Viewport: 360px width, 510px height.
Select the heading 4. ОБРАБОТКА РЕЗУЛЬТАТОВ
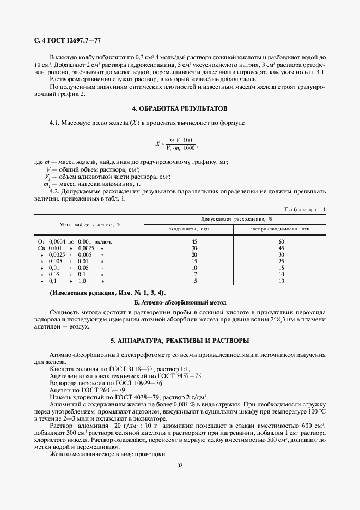point(180,108)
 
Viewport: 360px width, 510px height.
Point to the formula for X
point(176,145)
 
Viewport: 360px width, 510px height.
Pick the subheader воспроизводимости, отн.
point(281,229)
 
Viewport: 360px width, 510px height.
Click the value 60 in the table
point(281,241)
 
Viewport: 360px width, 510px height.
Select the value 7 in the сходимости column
point(194,274)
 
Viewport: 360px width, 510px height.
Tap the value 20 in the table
point(194,254)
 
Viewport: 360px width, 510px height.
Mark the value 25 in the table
point(281,261)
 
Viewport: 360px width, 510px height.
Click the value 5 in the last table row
point(194,281)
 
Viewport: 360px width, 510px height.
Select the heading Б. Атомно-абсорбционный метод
point(180,302)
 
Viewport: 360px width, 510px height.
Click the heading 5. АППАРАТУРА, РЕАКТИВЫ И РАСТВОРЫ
point(180,341)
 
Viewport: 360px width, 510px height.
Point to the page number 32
point(180,465)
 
